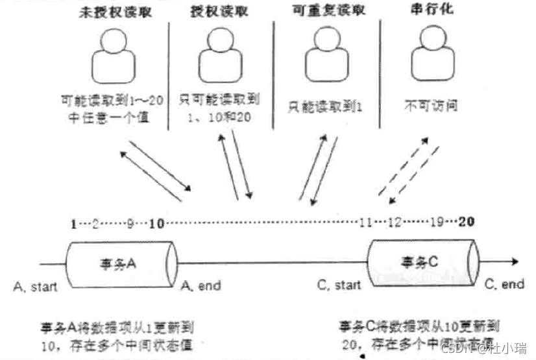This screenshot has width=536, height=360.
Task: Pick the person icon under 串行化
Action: click(x=426, y=56)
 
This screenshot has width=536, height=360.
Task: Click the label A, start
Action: click(x=34, y=285)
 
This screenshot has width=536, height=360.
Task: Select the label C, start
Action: click(x=339, y=285)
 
